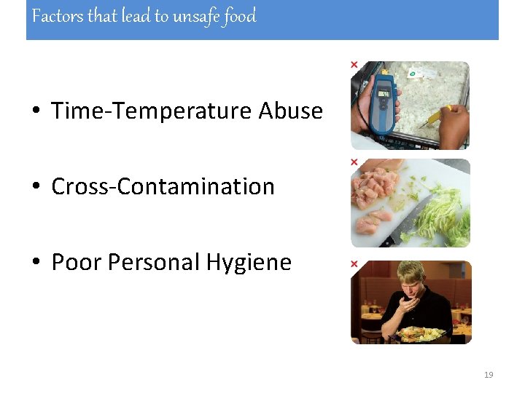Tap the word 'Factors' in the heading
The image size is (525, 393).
point(58,16)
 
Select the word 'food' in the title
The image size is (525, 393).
point(240,16)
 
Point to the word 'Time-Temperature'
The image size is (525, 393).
point(152,111)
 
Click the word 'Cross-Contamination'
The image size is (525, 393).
point(163,186)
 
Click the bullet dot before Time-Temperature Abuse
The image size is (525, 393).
point(35,111)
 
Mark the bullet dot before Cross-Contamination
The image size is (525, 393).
point(35,187)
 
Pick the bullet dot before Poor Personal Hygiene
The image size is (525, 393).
point(35,263)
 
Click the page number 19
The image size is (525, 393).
point(489,375)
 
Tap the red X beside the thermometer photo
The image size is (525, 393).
point(354,65)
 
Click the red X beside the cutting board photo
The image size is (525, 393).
point(354,162)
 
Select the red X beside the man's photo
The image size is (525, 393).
point(354,263)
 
